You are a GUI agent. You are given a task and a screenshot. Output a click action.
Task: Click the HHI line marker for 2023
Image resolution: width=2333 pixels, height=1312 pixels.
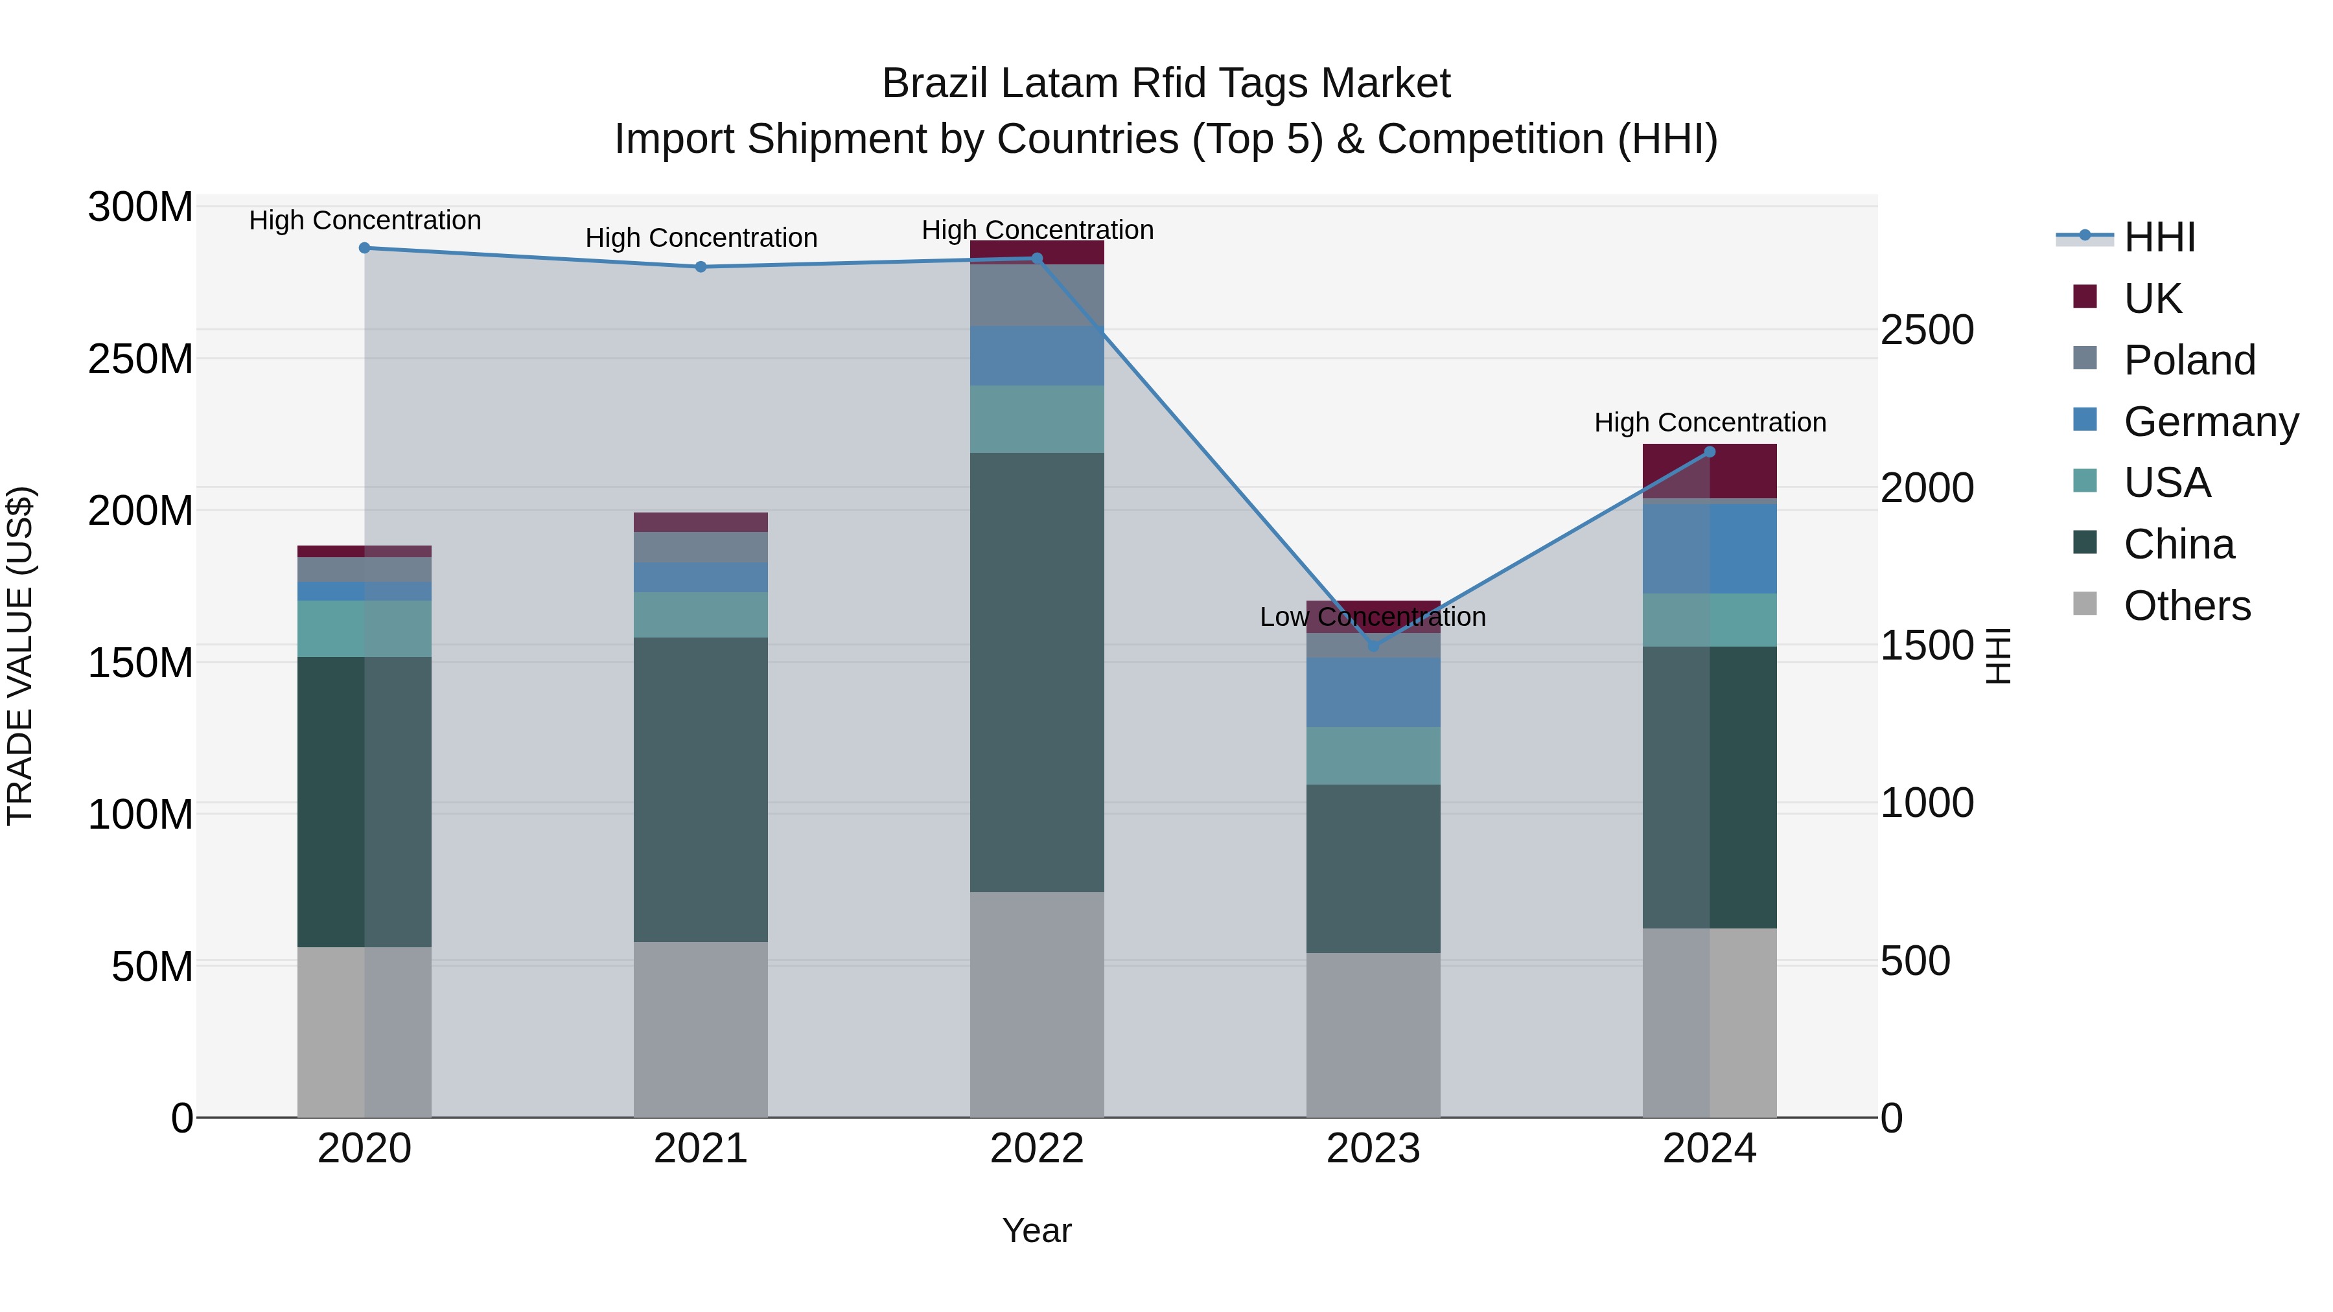[x=1373, y=645]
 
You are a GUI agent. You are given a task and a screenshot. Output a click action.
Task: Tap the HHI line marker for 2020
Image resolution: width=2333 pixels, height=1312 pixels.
[x=364, y=248]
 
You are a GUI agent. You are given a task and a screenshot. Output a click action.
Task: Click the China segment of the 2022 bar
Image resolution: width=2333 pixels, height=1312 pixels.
[x=1037, y=672]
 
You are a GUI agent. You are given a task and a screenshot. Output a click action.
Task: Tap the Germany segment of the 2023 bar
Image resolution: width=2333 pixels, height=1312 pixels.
[x=1373, y=692]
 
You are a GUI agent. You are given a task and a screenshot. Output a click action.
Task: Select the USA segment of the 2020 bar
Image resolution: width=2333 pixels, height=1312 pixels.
[x=364, y=628]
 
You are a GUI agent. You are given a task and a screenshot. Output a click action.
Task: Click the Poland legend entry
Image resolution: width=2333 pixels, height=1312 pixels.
[x=2189, y=360]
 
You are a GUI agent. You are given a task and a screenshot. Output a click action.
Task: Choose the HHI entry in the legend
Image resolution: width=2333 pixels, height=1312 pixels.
[x=2159, y=237]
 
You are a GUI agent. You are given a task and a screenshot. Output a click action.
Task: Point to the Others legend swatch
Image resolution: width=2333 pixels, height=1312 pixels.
[x=2085, y=604]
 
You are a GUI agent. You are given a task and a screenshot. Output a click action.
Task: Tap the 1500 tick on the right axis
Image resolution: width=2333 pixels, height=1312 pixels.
[x=1927, y=645]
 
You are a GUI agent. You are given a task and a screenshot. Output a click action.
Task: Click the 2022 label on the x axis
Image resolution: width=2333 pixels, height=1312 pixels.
[x=1037, y=1149]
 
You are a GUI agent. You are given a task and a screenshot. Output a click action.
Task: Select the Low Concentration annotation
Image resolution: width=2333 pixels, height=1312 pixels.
[x=1373, y=617]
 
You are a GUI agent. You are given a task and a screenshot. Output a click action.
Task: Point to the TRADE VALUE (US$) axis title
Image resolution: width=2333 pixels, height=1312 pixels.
[x=20, y=656]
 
